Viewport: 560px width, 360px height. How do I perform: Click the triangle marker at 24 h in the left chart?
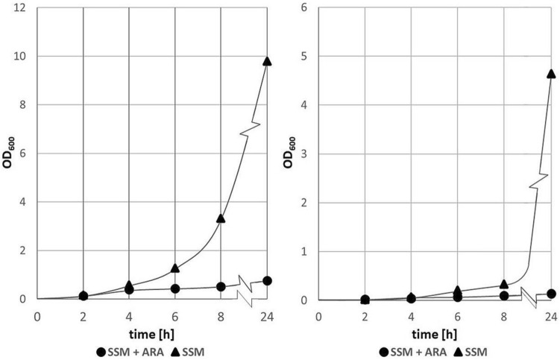[267, 60]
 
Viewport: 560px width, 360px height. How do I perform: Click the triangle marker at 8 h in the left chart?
[221, 218]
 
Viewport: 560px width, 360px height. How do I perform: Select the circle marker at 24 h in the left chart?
[267, 281]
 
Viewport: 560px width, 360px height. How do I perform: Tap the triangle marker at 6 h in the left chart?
[174, 268]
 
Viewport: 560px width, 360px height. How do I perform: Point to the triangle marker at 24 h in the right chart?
[550, 73]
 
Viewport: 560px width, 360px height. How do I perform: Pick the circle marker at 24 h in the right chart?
[550, 294]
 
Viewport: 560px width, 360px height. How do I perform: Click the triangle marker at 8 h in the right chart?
[504, 284]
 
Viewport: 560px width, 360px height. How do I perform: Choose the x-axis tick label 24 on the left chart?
[267, 315]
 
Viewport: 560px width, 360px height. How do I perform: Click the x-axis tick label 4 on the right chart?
[411, 315]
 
